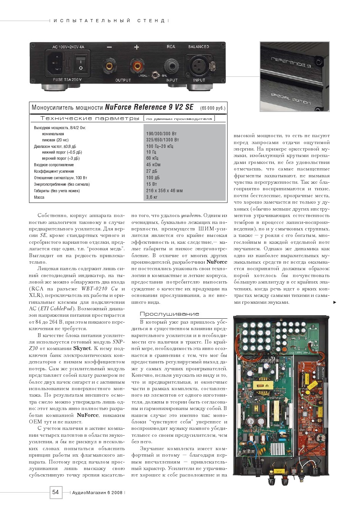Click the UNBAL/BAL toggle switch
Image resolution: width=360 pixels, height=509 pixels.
[x=155, y=75]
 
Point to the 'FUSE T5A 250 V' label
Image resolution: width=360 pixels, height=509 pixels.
[x=68, y=80]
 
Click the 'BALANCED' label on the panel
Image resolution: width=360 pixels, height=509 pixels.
[x=199, y=47]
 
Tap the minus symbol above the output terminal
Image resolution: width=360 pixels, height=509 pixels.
[x=109, y=47]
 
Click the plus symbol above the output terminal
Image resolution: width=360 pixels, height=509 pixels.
[x=137, y=47]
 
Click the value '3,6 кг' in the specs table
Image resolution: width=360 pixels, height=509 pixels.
[x=152, y=197]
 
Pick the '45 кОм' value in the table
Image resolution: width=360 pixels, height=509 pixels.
[x=153, y=165]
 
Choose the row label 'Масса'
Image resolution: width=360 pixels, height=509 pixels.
[x=39, y=197]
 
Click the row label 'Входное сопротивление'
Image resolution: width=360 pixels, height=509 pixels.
[x=54, y=165]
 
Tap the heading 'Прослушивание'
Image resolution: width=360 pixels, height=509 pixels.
[x=170, y=314]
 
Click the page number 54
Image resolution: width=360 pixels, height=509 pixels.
[x=55, y=492]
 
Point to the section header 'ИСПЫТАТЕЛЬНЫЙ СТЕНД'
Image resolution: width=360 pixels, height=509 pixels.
[x=109, y=21]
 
